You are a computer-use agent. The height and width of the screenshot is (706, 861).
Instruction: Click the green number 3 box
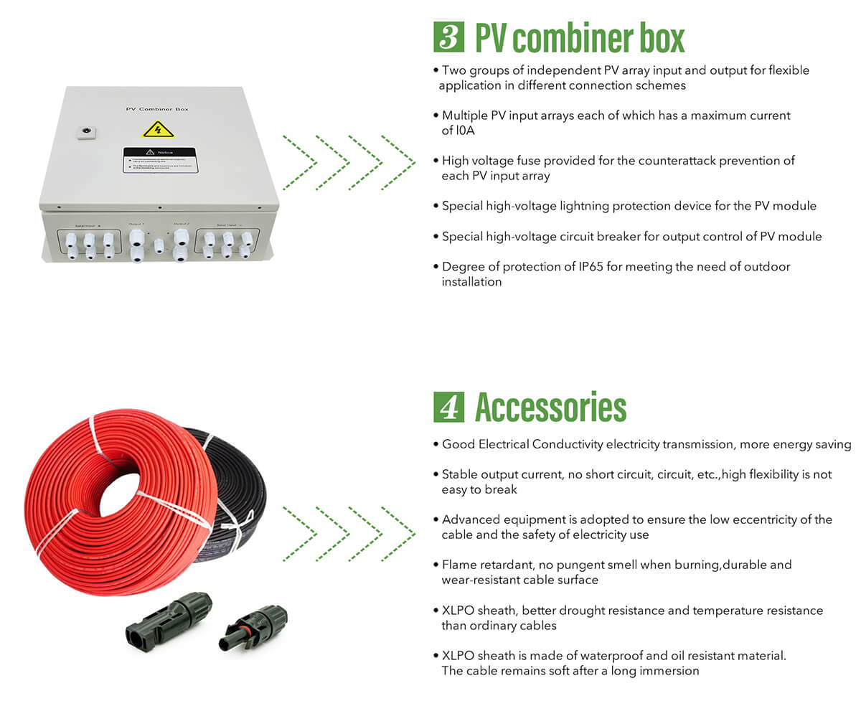tap(448, 37)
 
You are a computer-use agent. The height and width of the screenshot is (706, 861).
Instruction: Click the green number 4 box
tap(448, 407)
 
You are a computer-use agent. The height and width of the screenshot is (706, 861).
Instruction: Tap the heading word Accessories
tap(550, 407)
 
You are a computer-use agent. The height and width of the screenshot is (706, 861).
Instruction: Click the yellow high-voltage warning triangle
tap(158, 129)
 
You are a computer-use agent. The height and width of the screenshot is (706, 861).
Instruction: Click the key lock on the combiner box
tap(86, 131)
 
